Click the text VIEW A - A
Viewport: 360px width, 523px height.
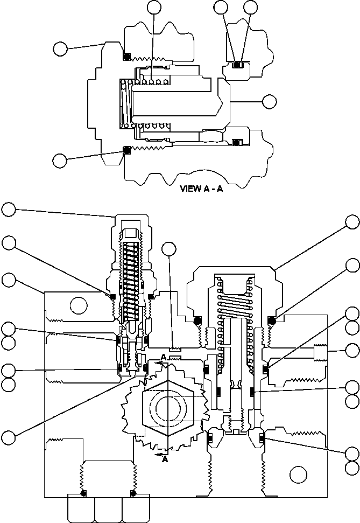[x=201, y=189]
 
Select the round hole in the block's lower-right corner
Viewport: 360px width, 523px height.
[x=297, y=474]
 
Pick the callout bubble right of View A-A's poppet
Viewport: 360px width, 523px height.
[x=269, y=101]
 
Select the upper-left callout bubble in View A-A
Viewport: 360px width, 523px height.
[x=60, y=49]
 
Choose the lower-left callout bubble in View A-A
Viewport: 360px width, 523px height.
[x=60, y=159]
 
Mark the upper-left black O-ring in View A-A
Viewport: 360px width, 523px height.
[x=127, y=57]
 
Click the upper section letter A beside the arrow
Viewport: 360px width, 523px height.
[x=164, y=358]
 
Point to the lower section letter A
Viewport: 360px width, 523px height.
[x=165, y=459]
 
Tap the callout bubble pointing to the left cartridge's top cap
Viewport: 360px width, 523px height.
[x=9, y=209]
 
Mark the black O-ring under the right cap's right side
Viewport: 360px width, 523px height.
[x=271, y=321]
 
